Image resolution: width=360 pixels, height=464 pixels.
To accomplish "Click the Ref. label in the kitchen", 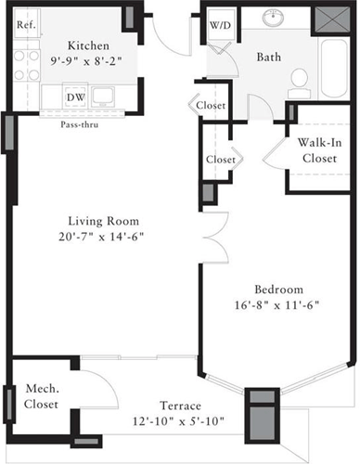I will coord(26,25).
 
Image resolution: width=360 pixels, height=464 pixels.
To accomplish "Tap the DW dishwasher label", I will coord(76,96).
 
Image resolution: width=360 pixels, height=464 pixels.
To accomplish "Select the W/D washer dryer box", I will coord(219,25).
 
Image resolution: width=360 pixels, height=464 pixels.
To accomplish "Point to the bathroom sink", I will coord(275,19).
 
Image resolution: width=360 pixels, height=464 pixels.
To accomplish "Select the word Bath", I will coord(268,58).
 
